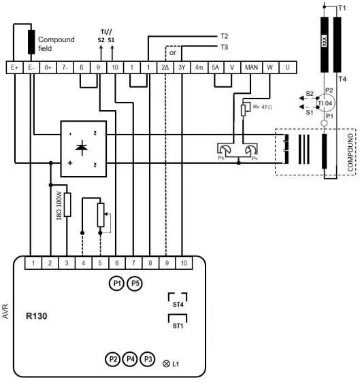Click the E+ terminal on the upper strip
click(x=14, y=67)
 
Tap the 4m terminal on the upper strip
click(x=199, y=67)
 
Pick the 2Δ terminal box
click(x=165, y=67)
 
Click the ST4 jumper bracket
click(x=178, y=298)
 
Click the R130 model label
click(x=37, y=316)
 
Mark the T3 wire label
click(x=224, y=48)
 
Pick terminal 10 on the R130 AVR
click(x=184, y=262)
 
